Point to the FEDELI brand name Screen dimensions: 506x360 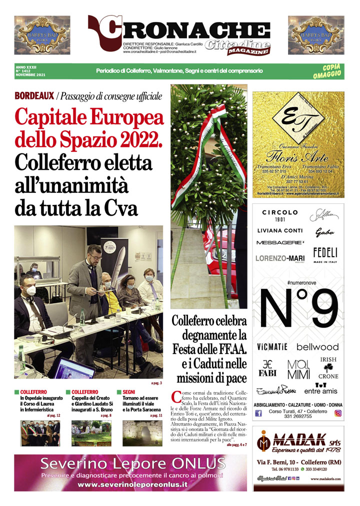[325, 253]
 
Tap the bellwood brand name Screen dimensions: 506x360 [317, 347]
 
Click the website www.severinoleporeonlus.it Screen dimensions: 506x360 [132, 484]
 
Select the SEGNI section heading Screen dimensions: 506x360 [129, 392]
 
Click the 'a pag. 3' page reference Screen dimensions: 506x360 [156, 383]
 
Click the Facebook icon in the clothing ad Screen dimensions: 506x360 [259, 413]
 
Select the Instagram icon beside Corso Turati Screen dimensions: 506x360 [338, 413]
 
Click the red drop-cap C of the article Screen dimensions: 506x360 [176, 398]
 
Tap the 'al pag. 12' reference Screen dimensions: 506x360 [53, 415]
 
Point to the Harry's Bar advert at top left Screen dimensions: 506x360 [42, 35]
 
